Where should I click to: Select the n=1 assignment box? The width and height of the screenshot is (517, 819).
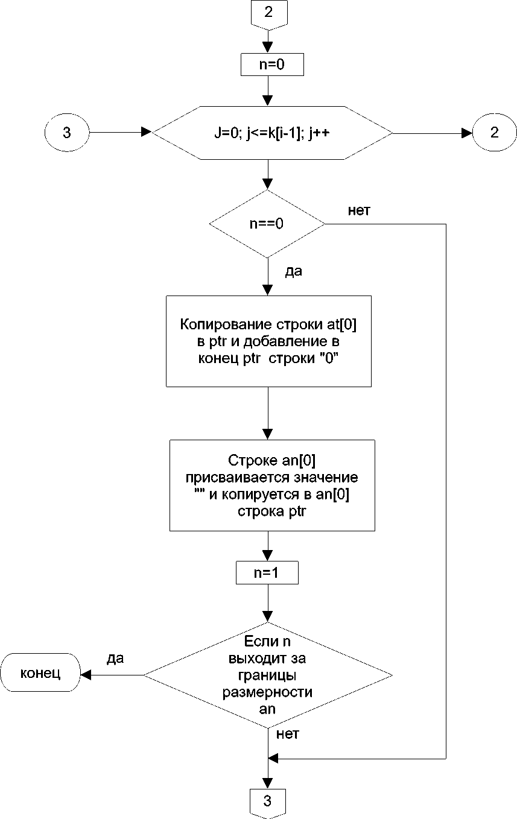267,573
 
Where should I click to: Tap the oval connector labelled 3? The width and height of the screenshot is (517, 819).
67,133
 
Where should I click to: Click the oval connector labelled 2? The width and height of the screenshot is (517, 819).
494,133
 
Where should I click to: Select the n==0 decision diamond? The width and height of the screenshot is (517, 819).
267,224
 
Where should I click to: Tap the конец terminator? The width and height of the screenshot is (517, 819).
40,674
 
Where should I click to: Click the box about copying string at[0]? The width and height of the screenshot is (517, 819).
268,341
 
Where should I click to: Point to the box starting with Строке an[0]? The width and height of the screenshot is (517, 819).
272,485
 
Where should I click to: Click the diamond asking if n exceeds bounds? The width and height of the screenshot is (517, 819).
267,674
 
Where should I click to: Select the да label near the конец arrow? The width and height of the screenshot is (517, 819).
115,658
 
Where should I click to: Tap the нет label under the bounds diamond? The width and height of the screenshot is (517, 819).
288,734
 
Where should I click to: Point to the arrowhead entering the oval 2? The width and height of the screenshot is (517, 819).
468,133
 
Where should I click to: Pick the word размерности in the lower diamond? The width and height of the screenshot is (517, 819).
267,692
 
